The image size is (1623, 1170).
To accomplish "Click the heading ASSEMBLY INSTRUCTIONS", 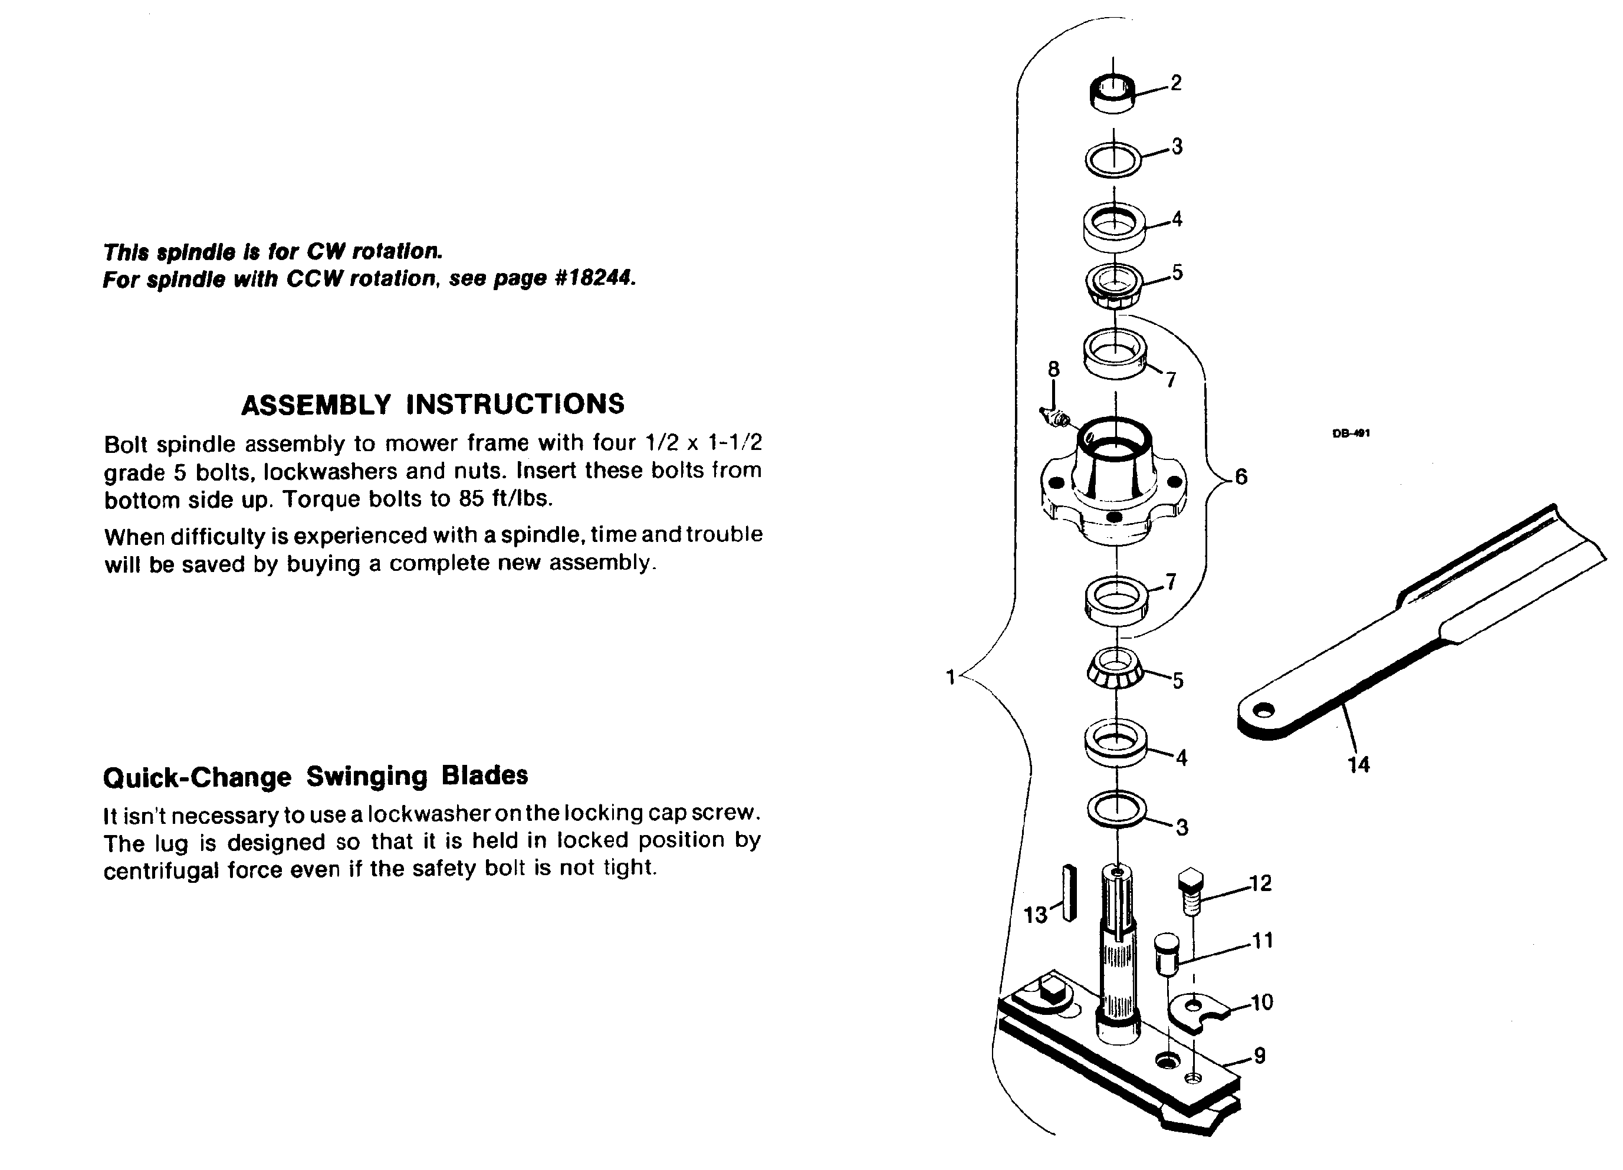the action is (433, 405).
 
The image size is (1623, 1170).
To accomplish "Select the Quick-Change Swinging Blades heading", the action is (316, 777).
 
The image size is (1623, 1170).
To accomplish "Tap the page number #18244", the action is (594, 278).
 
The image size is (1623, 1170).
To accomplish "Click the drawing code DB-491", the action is (1351, 433).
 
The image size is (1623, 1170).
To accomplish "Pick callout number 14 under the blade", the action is (1358, 765).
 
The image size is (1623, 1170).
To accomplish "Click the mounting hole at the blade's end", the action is (1265, 711).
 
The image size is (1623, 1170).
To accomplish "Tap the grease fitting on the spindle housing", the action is (1055, 416).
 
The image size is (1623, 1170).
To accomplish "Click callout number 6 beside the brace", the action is (1241, 476).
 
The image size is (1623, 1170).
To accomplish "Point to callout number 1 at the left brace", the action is (950, 676).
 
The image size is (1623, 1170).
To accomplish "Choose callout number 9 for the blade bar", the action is (1260, 1056).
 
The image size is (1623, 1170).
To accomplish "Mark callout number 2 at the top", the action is (1176, 83).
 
